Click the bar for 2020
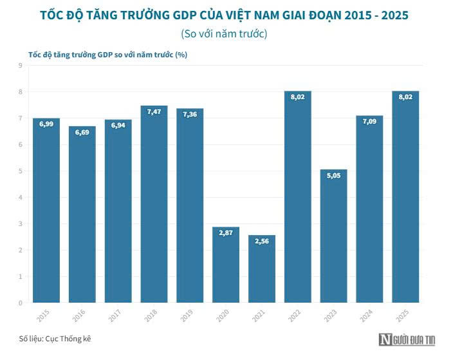click(x=226, y=265)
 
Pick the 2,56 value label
click(x=262, y=242)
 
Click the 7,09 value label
click(x=369, y=122)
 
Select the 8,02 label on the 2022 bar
click(x=298, y=97)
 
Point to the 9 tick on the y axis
click(x=20, y=66)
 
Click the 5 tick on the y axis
click(x=20, y=171)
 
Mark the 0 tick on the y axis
click(x=20, y=303)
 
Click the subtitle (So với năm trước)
click(x=225, y=33)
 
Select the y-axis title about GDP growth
click(x=107, y=55)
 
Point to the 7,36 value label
click(x=190, y=114)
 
